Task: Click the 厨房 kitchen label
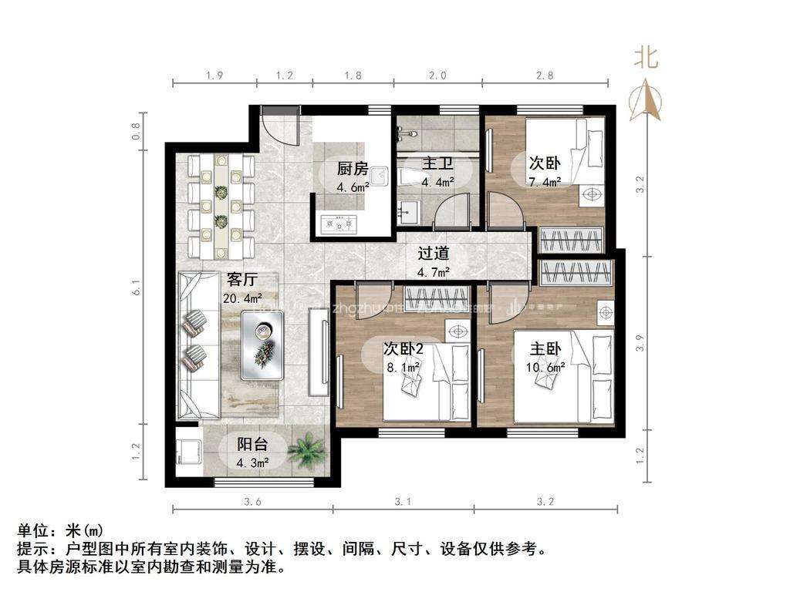coord(352,170)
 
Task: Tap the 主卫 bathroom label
coord(437,164)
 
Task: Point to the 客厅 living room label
coord(241,280)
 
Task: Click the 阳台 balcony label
coord(252,444)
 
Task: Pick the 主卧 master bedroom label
coord(545,348)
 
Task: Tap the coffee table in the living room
coord(263,345)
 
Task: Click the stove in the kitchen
coord(340,224)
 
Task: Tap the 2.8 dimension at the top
coord(545,76)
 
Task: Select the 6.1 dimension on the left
coord(136,288)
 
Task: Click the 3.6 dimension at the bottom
coord(252,502)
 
